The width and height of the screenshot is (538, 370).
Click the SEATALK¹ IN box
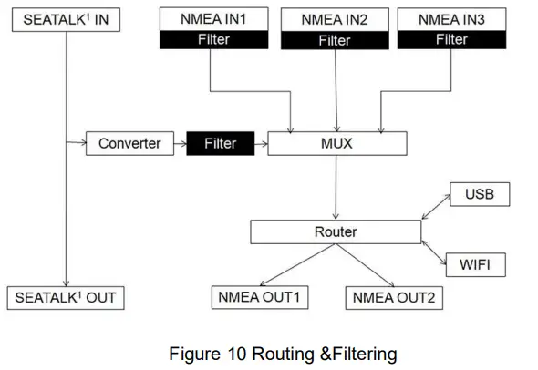coord(66,19)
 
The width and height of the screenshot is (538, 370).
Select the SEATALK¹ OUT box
coord(67,297)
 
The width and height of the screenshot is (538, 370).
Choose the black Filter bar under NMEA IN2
coord(334,40)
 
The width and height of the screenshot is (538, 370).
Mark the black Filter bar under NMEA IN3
coord(450,40)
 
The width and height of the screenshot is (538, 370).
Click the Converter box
coord(129,143)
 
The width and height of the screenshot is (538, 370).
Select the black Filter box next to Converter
coord(220,143)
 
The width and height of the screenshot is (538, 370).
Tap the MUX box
coord(335,143)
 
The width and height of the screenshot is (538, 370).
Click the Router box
coord(335,232)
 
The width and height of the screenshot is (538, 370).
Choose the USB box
coord(478,194)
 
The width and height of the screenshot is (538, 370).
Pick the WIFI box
coord(476,265)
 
